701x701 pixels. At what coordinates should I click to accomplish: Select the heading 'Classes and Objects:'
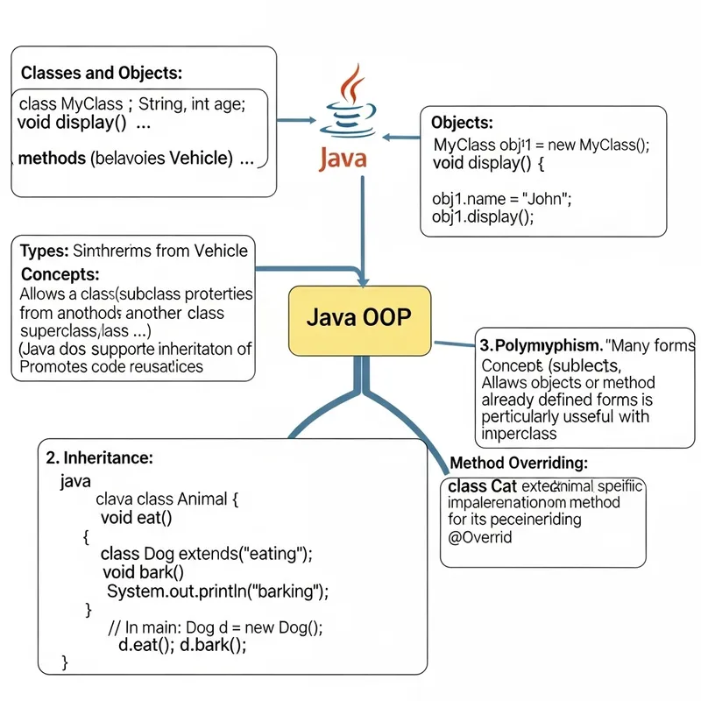click(101, 73)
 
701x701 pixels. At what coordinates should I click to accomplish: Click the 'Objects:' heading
click(463, 123)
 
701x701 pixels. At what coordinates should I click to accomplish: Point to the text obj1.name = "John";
click(502, 198)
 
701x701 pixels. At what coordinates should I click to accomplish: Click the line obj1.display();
click(483, 216)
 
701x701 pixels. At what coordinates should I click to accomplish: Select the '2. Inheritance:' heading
click(99, 457)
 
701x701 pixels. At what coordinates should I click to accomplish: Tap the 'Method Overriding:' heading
click(519, 463)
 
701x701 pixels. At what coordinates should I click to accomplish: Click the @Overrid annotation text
click(480, 537)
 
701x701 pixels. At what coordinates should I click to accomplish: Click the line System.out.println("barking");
click(217, 591)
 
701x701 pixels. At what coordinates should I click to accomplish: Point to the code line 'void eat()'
click(136, 517)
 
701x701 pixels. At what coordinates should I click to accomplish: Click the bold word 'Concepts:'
click(60, 274)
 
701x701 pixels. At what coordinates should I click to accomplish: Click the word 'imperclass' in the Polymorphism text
click(519, 434)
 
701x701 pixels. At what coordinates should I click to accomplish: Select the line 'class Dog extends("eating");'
click(207, 554)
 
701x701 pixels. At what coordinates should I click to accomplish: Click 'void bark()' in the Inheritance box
click(143, 572)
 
